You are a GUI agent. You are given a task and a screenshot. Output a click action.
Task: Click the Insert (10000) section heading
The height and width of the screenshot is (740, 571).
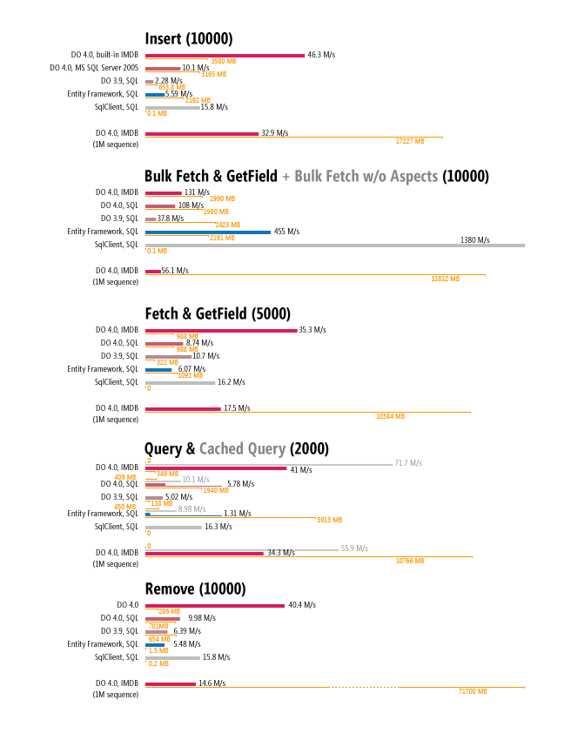189,38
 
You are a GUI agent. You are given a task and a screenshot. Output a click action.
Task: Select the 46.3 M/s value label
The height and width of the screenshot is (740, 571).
321,55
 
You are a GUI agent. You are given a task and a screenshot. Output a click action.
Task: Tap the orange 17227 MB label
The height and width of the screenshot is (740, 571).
410,141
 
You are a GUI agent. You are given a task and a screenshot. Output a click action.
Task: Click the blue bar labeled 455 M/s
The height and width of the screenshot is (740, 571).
208,232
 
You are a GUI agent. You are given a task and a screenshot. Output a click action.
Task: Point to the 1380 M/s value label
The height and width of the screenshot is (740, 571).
474,240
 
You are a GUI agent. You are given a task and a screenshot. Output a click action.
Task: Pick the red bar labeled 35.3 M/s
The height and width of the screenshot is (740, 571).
221,330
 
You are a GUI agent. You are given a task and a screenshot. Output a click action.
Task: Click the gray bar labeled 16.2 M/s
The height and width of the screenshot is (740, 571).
180,383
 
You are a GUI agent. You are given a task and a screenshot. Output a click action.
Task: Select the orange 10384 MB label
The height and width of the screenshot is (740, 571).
390,416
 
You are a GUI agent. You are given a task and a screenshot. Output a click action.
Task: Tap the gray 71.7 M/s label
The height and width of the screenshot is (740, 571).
408,463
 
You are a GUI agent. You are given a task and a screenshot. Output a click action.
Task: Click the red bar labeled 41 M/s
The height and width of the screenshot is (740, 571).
216,468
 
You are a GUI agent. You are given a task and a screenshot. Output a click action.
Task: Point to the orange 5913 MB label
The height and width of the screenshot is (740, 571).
329,520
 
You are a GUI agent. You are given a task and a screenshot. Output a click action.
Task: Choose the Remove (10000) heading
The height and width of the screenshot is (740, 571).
195,589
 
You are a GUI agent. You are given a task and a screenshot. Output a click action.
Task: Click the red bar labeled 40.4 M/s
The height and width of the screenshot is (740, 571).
215,606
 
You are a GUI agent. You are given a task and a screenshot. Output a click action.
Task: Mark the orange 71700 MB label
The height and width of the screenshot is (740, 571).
473,691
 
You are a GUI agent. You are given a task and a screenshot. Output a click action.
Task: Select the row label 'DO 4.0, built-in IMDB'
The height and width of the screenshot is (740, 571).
104,55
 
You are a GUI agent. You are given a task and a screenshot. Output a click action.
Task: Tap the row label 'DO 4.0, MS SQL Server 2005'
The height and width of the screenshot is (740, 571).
94,68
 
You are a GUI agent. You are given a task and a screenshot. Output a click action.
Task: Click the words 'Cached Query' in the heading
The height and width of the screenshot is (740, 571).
243,449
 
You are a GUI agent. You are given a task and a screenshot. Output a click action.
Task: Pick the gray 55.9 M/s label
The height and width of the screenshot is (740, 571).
354,548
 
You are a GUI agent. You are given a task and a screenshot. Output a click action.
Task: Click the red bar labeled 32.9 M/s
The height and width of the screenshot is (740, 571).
202,134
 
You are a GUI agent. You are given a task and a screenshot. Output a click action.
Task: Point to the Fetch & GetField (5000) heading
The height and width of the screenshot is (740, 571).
218,313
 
